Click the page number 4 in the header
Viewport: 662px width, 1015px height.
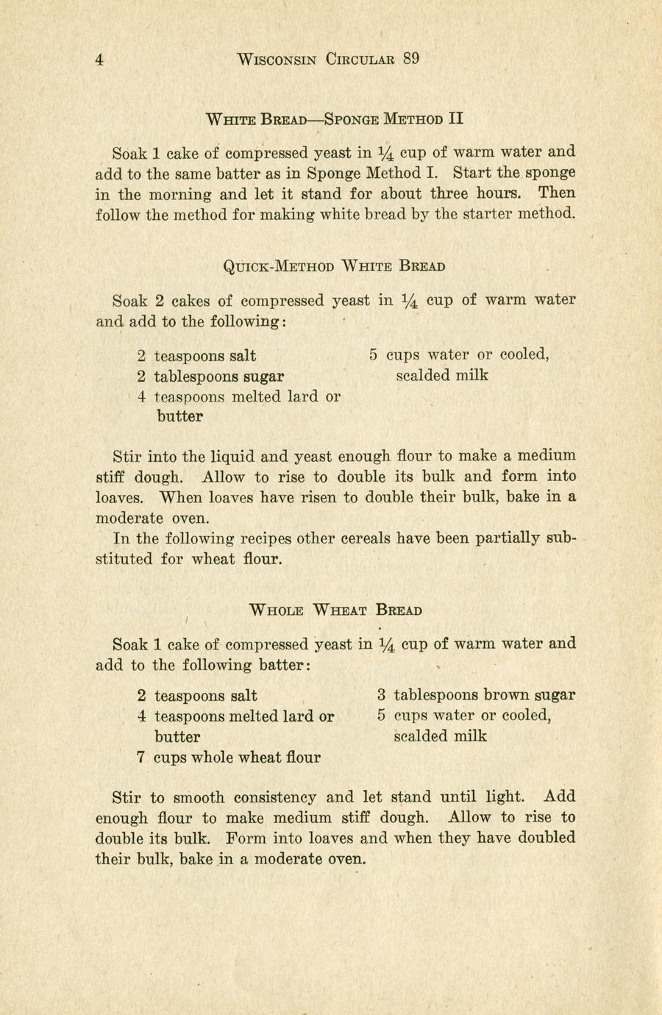99,60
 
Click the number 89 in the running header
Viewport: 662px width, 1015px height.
410,60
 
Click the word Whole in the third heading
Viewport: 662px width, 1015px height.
277,610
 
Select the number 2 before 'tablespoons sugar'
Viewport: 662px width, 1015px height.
141,377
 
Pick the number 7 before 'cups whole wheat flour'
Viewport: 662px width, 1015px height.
140,757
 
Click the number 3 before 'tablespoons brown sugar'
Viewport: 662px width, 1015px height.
382,695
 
